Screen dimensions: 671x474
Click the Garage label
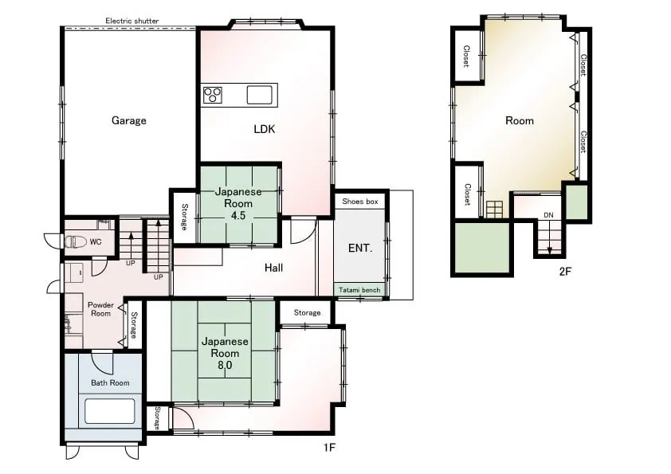coord(129,120)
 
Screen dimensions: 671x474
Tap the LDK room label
coord(265,129)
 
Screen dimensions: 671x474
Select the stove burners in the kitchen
coord(213,95)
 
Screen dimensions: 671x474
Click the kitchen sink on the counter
coord(259,95)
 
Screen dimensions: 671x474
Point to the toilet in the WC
coord(76,242)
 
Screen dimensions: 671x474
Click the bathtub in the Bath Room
coord(110,411)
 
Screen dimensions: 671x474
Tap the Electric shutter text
coord(132,21)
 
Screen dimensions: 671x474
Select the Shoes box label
coord(360,201)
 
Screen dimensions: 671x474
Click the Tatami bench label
coord(359,290)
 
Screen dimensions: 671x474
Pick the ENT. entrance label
coord(360,248)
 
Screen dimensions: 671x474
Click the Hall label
coord(273,268)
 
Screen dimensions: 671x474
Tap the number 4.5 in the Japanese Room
coord(238,215)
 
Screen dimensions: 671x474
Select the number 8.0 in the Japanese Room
coord(225,365)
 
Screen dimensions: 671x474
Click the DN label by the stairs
coord(548,215)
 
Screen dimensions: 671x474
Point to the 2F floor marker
coord(565,271)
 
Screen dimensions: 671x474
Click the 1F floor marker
coord(329,448)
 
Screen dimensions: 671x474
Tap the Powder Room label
coord(100,309)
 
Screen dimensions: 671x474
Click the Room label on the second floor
coord(520,120)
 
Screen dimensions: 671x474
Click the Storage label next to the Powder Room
coord(134,325)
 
